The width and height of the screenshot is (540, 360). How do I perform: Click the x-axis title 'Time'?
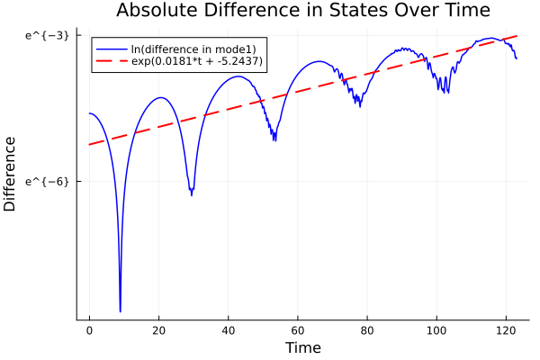click(302, 347)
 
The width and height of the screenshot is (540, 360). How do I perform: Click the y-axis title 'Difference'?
click(10, 174)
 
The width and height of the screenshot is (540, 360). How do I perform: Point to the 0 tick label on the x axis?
click(89, 330)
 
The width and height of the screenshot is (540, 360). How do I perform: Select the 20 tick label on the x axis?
click(158, 330)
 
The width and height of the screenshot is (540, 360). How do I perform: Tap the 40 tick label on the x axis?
click(228, 330)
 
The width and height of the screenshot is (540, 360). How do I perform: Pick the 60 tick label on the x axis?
click(298, 330)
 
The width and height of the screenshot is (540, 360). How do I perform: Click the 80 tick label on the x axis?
click(367, 330)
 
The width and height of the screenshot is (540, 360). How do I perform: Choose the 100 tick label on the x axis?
click(436, 330)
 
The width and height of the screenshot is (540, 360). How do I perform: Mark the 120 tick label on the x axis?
click(506, 330)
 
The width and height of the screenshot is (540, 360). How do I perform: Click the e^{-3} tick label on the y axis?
click(47, 35)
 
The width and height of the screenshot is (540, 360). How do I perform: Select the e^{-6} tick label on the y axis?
click(47, 181)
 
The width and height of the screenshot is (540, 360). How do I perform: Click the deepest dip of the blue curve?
click(120, 310)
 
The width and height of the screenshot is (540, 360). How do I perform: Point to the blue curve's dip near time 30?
click(191, 193)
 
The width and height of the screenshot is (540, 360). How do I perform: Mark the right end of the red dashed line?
click(517, 36)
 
